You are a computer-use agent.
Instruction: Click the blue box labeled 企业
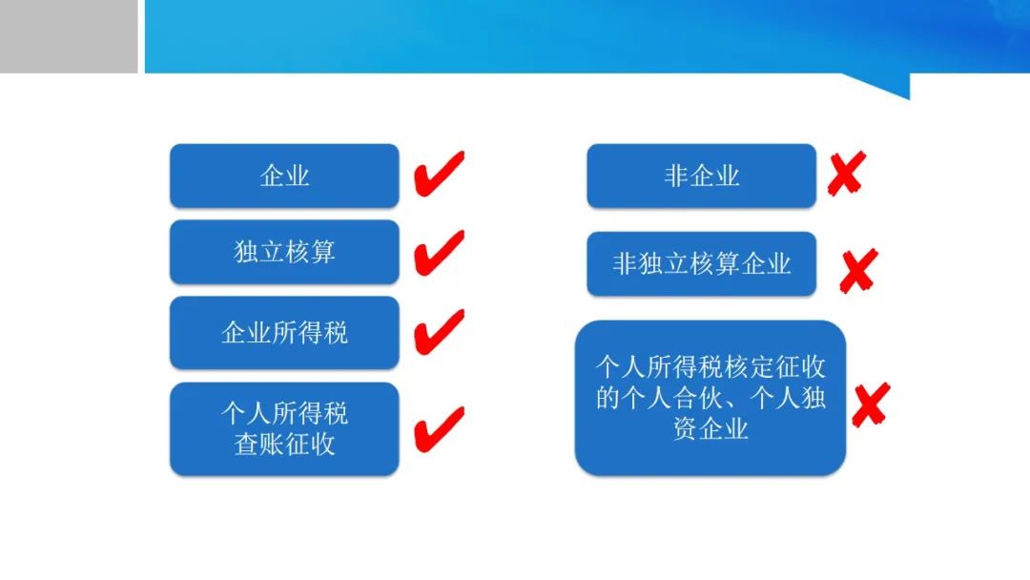pyautogui.click(x=284, y=176)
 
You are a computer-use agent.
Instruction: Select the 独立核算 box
pyautogui.click(x=284, y=252)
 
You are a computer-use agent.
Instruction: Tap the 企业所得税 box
pyautogui.click(x=284, y=332)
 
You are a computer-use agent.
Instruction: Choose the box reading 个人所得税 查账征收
pyautogui.click(x=284, y=429)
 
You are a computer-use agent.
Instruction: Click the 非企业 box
pyautogui.click(x=702, y=176)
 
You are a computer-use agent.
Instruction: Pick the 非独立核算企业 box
pyautogui.click(x=702, y=263)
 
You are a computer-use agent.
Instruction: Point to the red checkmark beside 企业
pyautogui.click(x=439, y=174)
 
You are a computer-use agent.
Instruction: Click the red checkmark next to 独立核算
pyautogui.click(x=439, y=252)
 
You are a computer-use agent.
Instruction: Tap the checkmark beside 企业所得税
pyautogui.click(x=439, y=332)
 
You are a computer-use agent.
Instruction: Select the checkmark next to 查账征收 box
pyautogui.click(x=439, y=429)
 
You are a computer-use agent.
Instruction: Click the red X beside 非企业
pyautogui.click(x=847, y=174)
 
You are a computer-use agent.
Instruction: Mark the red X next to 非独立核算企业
pyautogui.click(x=858, y=271)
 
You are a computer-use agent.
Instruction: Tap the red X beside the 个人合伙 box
pyautogui.click(x=871, y=404)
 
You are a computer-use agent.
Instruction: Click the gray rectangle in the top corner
pyautogui.click(x=69, y=36)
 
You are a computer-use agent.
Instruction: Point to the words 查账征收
pyautogui.click(x=284, y=445)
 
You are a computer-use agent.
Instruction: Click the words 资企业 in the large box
pyautogui.click(x=711, y=429)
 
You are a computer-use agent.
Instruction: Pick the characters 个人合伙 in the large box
pyautogui.click(x=671, y=398)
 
